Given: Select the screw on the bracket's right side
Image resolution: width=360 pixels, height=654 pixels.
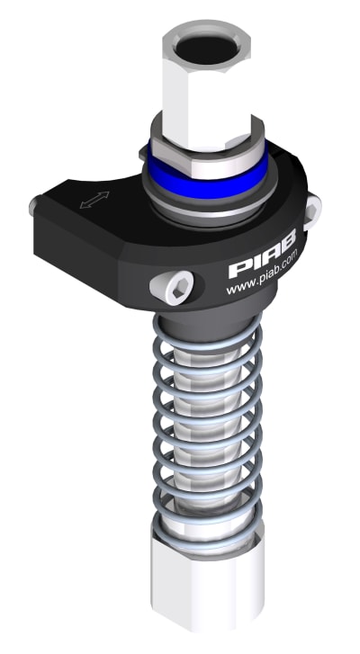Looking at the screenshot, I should tap(312, 208).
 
